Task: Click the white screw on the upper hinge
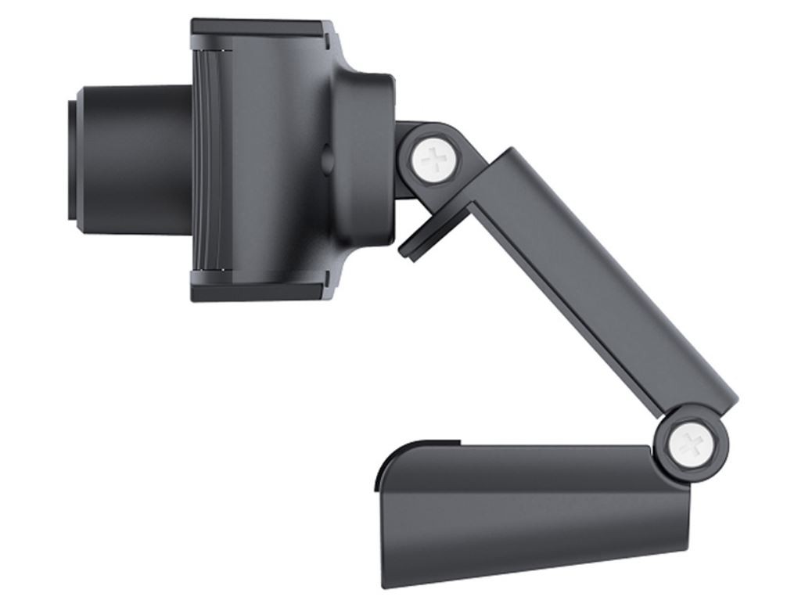pos(436,161)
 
